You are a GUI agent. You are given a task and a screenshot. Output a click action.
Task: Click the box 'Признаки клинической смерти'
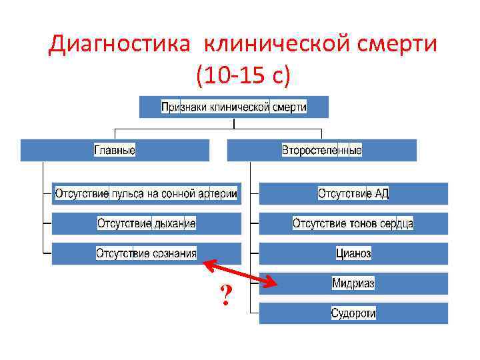[234, 107]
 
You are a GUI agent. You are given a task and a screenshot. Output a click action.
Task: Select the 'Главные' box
[115, 150]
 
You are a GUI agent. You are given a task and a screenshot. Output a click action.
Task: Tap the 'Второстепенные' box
[321, 150]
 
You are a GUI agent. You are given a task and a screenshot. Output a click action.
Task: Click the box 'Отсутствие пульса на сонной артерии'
[146, 193]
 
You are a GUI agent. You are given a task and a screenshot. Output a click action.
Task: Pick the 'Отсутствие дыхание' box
[146, 223]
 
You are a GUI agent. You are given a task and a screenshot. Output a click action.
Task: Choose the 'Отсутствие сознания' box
[146, 253]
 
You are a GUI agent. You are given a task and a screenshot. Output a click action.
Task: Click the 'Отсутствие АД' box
[353, 193]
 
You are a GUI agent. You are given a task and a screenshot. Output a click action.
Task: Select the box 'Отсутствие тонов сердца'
[353, 223]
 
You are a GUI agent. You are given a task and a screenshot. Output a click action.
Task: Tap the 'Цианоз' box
[353, 253]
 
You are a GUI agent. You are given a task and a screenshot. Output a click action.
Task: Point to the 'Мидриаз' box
[353, 283]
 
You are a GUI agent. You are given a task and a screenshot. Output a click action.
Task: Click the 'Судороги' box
[353, 313]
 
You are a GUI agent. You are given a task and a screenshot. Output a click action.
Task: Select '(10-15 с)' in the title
[243, 75]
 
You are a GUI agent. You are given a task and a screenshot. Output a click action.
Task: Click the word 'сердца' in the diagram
[397, 223]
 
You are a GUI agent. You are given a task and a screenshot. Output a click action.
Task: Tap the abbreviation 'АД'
[382, 193]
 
